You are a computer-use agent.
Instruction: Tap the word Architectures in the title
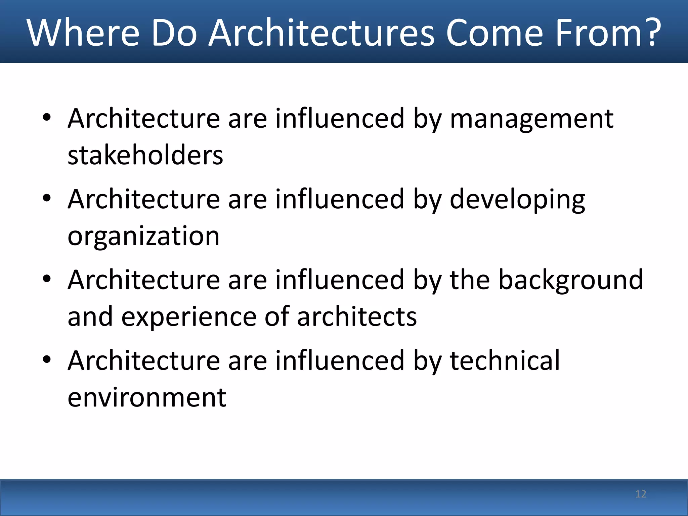322,33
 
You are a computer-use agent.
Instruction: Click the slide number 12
641,494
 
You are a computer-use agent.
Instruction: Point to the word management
531,119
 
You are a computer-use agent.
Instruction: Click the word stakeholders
145,155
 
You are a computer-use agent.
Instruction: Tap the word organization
143,236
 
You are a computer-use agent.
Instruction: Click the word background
570,280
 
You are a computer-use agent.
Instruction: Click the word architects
357,316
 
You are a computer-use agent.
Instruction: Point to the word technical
505,361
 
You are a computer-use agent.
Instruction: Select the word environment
147,398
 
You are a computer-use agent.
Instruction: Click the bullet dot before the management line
47,117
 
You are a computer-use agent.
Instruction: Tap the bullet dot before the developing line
47,198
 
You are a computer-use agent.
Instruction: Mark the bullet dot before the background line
47,278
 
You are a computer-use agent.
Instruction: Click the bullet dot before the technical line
47,359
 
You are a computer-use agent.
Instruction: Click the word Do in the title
174,33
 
